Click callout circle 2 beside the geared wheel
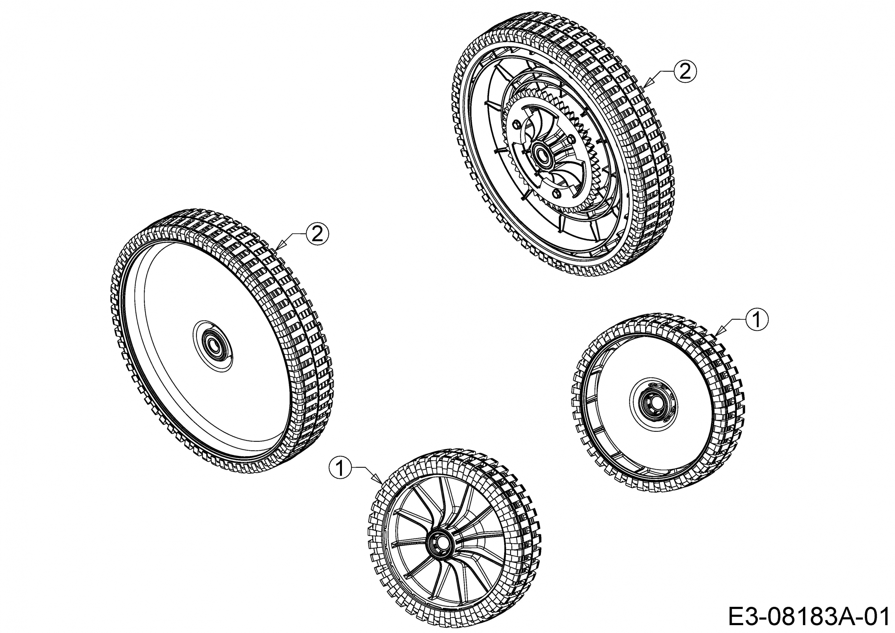tap(685, 72)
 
